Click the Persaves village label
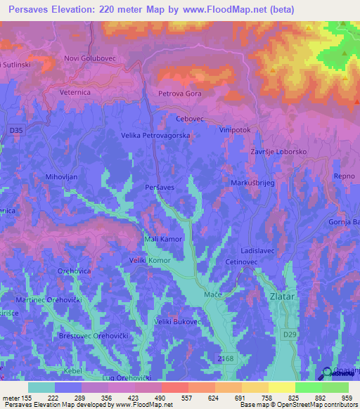pyautogui.click(x=159, y=188)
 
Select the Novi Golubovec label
pyautogui.click(x=89, y=58)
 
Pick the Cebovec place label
pyautogui.click(x=189, y=119)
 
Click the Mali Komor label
pyautogui.click(x=163, y=239)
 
